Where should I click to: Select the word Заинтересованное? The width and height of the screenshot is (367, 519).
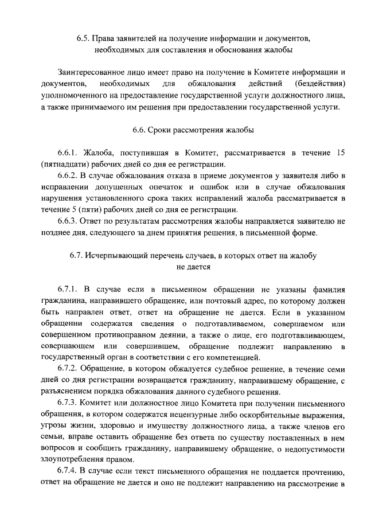click(x=88, y=73)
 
